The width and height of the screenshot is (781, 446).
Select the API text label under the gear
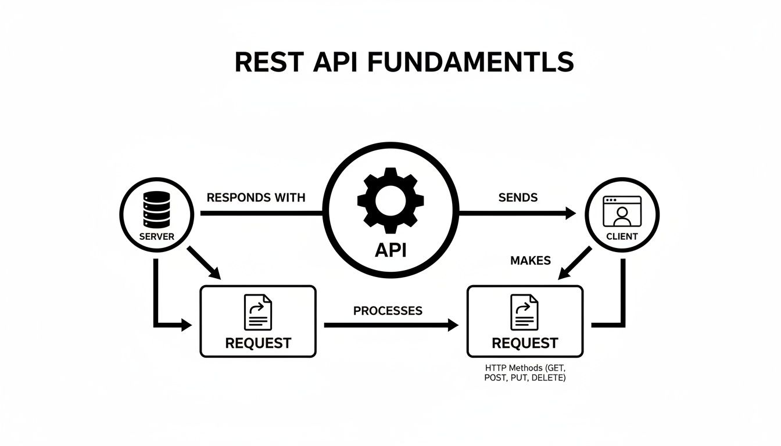(390, 250)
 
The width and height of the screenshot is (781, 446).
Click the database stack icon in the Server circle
(157, 210)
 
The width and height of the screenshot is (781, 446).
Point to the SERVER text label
(157, 237)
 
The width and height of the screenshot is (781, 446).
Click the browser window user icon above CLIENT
(622, 211)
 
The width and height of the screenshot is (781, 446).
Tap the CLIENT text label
(622, 237)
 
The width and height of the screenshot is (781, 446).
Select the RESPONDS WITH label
(256, 197)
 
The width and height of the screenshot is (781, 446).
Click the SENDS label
(518, 197)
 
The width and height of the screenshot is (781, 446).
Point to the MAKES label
(530, 261)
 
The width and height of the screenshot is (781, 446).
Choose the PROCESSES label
(388, 311)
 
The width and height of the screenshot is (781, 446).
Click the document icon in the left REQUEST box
(258, 312)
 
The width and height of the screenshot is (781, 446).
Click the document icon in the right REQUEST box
(524, 312)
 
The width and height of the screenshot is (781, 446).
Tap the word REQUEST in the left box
(258, 343)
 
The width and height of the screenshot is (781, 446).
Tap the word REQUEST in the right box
(525, 343)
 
